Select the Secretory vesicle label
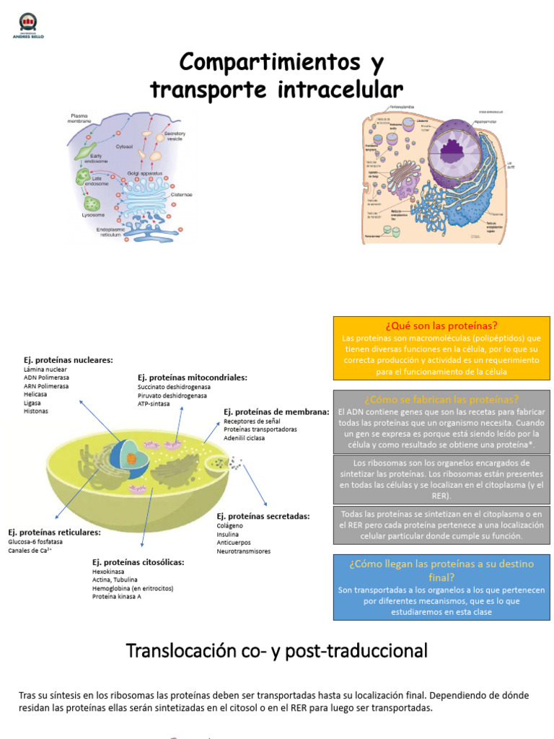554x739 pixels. click(x=175, y=136)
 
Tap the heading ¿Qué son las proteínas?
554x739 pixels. click(x=441, y=325)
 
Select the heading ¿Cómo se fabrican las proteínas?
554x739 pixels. click(x=441, y=399)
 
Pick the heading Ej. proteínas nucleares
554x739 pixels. click(x=68, y=360)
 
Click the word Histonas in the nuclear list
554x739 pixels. click(x=36, y=411)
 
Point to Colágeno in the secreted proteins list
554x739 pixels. click(x=232, y=526)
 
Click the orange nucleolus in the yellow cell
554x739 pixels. click(x=131, y=458)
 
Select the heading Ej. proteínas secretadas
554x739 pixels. click(x=263, y=516)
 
